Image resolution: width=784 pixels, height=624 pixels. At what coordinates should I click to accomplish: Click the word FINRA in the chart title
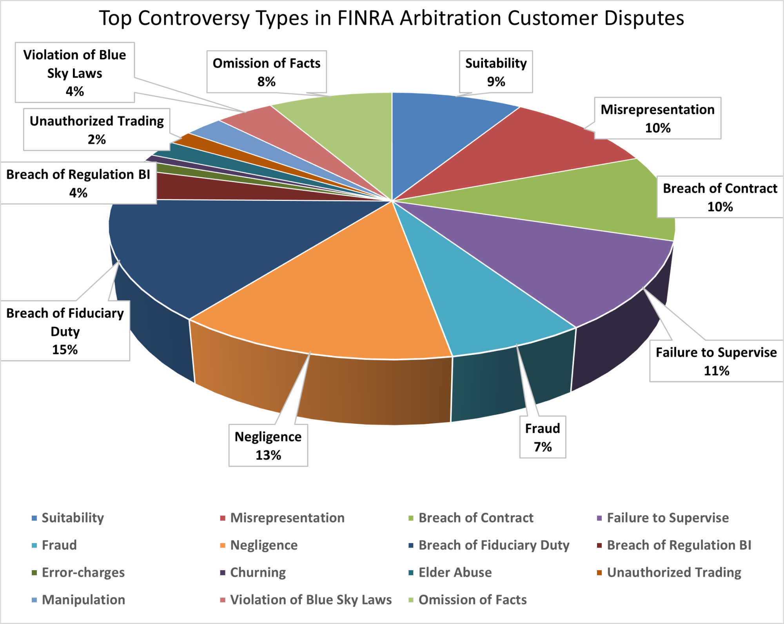point(365,18)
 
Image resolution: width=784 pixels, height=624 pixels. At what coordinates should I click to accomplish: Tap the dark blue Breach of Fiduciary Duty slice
point(220,243)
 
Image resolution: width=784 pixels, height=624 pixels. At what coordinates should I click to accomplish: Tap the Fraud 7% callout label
point(543,437)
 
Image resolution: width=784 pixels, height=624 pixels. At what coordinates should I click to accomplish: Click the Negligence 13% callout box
point(268,445)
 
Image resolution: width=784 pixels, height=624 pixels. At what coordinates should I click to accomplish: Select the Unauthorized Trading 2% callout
point(96,130)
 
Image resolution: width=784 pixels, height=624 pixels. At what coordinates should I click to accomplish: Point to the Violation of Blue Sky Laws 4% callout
point(74,73)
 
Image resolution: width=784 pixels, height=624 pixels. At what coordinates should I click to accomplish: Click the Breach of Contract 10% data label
point(720,197)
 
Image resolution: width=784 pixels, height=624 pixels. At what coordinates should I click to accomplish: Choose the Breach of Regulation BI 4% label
point(78,183)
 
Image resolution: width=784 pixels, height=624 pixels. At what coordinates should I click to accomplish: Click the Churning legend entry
point(258,573)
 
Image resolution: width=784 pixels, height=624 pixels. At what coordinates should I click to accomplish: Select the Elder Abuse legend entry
point(455,573)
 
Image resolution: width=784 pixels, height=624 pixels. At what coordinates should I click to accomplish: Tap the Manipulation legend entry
point(83,600)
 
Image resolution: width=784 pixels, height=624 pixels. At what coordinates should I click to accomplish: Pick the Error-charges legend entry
point(83,573)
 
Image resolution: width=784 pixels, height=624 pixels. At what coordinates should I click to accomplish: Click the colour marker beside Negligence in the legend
point(223,546)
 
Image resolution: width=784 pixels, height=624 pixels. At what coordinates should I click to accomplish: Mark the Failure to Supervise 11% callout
point(716,361)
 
